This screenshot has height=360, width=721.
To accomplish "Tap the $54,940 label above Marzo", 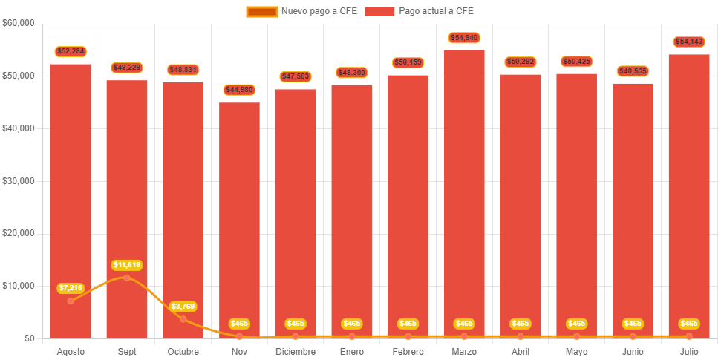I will point(464,37).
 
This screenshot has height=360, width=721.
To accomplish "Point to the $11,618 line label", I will point(126,265).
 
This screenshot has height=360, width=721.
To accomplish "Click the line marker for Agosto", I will point(71,301).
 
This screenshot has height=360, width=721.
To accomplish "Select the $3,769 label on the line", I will point(183,306).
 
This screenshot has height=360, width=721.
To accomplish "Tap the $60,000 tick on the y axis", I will point(19,23).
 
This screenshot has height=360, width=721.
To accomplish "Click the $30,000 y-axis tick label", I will point(19,181).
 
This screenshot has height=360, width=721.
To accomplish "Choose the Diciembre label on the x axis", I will point(296,351).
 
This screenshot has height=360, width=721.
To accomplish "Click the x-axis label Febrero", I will point(408,351).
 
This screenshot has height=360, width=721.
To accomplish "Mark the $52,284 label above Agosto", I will point(71,51).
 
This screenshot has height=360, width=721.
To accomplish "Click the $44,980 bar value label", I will point(239,90).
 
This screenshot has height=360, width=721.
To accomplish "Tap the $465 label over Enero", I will point(352,324).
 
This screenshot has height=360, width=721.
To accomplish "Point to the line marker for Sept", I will point(127,278).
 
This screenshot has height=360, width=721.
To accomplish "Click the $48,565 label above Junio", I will point(633,71).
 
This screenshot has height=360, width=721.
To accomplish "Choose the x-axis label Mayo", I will point(576,351).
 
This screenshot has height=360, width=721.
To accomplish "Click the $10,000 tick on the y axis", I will point(19,286).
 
